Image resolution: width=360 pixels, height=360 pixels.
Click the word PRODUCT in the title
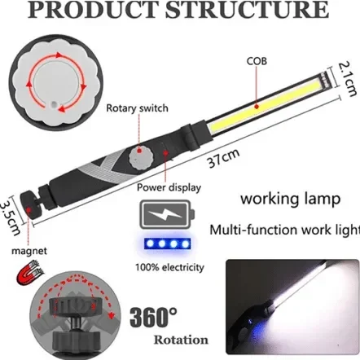[x=94, y=11]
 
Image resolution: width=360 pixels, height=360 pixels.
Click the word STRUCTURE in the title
[x=247, y=11]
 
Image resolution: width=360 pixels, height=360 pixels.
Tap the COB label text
[x=257, y=61]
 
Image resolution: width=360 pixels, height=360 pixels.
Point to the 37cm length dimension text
[x=223, y=158]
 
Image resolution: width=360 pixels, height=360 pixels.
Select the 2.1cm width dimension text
[x=347, y=79]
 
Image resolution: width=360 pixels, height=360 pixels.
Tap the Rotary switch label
[x=137, y=108]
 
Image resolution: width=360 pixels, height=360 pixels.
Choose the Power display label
[x=169, y=187]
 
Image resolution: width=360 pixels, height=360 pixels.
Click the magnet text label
[x=29, y=251]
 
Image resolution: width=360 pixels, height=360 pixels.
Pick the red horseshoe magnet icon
[x=30, y=271]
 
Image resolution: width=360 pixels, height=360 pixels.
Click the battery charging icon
[x=167, y=215]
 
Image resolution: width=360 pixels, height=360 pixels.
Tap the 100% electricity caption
[x=169, y=267]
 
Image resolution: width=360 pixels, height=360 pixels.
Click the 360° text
[x=153, y=317]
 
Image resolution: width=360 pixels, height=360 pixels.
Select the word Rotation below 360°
[x=181, y=340]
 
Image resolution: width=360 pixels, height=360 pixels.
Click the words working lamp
[x=290, y=199]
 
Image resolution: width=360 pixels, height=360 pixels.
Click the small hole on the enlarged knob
[x=55, y=104]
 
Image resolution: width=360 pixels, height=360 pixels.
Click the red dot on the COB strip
[x=257, y=107]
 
